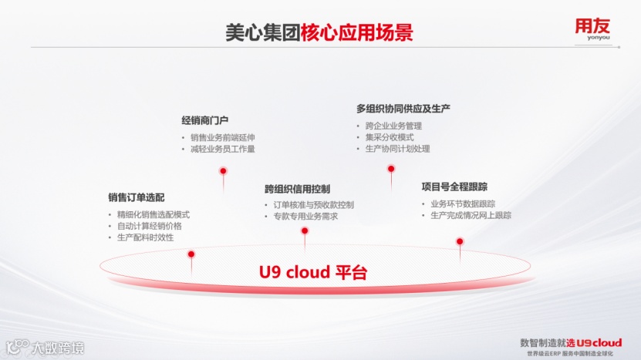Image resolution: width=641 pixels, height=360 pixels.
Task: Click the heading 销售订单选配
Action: point(137,197)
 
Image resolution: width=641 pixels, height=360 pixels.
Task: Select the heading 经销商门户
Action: point(204,120)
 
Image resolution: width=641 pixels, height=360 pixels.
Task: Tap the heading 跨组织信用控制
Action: point(297,188)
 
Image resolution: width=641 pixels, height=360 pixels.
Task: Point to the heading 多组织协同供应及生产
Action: point(403,109)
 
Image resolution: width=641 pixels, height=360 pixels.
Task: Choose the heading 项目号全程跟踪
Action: point(454,187)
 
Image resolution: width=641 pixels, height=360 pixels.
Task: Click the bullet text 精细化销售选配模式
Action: point(153,214)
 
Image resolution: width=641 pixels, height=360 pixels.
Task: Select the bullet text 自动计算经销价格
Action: point(149,226)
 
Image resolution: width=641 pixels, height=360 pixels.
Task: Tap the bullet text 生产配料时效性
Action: point(145,237)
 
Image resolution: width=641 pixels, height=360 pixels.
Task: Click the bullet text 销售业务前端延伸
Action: point(222,137)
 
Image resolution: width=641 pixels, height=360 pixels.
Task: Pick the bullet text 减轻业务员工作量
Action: point(222,149)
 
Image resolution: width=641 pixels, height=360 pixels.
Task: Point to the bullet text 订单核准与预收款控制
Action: point(313,205)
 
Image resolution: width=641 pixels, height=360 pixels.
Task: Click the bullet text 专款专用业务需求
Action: point(305,217)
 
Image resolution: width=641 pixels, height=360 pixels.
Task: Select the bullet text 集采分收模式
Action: point(389,137)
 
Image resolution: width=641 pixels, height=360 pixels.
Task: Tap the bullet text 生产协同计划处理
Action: point(397,149)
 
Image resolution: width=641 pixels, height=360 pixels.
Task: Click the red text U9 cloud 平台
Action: point(312,272)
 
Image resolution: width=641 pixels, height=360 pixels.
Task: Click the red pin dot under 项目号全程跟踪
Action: point(460,241)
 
